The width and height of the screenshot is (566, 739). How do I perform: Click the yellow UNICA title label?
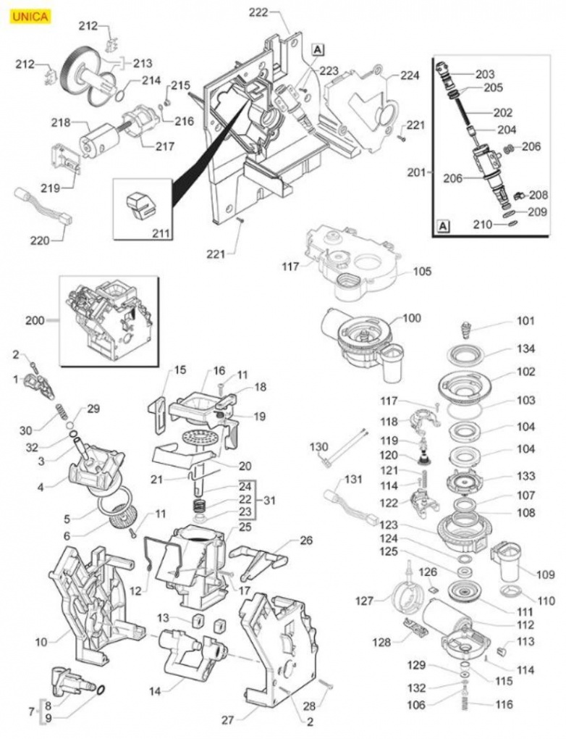coord(30,16)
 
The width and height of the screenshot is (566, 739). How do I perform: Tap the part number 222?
coord(258,12)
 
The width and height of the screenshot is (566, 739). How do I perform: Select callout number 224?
coord(410,75)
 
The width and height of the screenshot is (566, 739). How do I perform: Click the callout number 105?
coord(422,272)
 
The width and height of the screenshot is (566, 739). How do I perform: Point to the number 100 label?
coord(411,318)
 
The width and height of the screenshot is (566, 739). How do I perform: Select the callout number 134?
coord(526,348)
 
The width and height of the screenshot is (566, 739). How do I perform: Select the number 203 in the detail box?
coord(485,74)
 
